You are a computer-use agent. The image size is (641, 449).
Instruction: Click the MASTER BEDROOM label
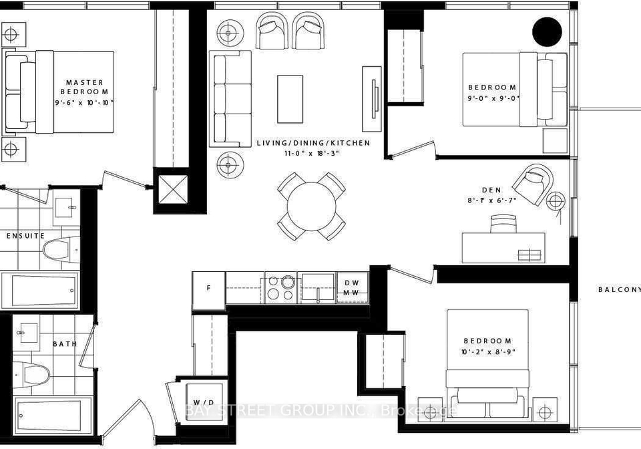click(x=85, y=87)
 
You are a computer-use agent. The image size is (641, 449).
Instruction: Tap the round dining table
click(x=312, y=206)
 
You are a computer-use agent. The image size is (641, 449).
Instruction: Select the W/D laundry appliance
click(x=204, y=402)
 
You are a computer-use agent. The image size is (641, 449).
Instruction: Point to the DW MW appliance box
click(x=353, y=288)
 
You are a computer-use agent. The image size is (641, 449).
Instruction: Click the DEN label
click(x=492, y=190)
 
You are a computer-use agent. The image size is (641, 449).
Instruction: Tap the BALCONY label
click(x=620, y=289)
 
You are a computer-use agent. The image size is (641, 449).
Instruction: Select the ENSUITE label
click(x=25, y=236)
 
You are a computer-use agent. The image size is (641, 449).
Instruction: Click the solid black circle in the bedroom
click(x=547, y=31)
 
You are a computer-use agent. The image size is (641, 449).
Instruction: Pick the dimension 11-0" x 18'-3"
click(x=314, y=154)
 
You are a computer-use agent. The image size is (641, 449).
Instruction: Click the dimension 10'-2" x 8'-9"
click(x=487, y=351)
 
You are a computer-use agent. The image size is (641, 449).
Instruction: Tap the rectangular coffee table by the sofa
click(x=290, y=99)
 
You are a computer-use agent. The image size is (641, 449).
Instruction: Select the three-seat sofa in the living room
click(x=230, y=98)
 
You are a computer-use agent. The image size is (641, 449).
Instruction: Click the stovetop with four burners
click(x=281, y=288)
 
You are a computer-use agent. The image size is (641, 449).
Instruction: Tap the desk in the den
click(x=503, y=248)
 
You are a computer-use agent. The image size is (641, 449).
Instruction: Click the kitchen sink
click(x=318, y=287)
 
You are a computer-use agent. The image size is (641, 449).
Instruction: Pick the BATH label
click(x=65, y=344)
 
